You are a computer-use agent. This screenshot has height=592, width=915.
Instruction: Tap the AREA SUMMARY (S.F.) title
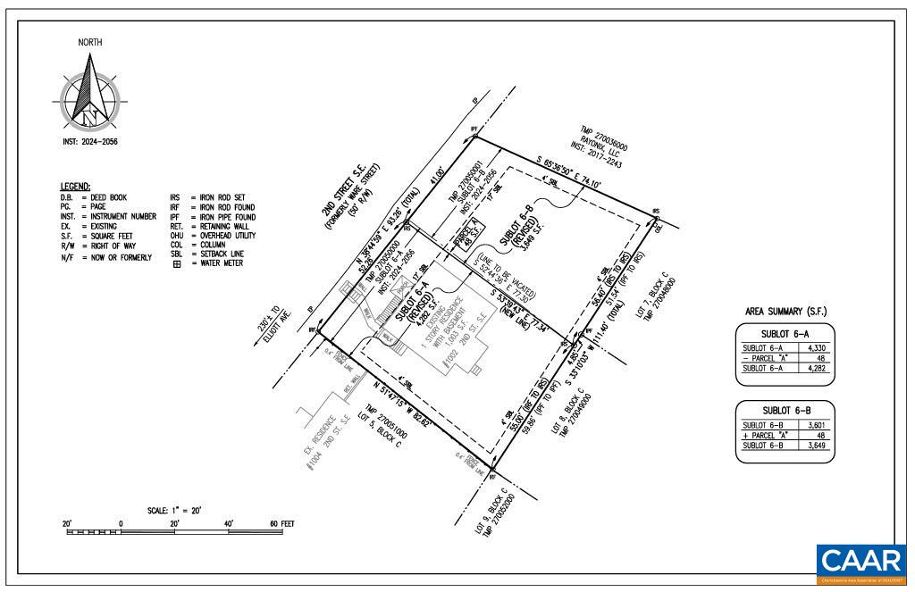785,312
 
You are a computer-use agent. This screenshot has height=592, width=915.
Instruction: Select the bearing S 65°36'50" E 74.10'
569,175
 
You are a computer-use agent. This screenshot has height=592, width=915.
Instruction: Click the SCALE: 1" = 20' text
174,510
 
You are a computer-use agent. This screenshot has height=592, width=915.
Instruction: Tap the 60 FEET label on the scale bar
281,523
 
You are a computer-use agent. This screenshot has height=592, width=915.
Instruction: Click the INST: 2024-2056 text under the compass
89,142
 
